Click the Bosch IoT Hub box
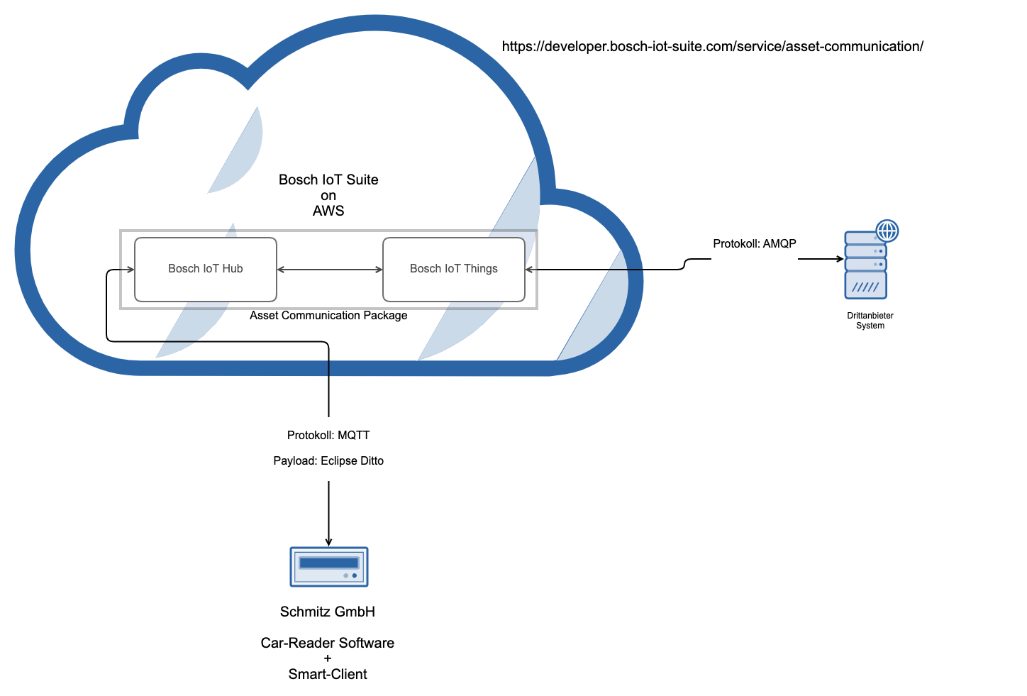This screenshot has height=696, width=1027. tap(205, 269)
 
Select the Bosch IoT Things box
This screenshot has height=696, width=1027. tap(453, 269)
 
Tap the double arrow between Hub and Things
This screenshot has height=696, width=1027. tap(329, 270)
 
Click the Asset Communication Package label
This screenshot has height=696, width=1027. tap(328, 316)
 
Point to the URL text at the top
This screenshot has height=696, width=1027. tap(712, 47)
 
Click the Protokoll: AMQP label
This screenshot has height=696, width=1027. tap(754, 244)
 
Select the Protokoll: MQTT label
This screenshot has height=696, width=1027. tap(328, 436)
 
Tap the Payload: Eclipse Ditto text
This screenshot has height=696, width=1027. tap(328, 461)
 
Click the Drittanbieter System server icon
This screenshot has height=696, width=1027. tap(866, 265)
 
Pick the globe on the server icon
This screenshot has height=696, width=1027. tap(887, 231)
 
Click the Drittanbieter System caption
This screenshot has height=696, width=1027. tap(870, 321)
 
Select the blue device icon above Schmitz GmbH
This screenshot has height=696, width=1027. tap(329, 567)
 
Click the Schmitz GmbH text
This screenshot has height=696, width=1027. tap(328, 612)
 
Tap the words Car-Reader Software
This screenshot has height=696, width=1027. tap(328, 643)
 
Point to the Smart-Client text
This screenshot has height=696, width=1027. tap(328, 675)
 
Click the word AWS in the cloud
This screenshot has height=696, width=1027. tap(328, 211)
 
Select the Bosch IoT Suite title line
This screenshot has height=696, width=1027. tap(328, 180)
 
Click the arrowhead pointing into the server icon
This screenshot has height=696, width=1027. tap(840, 259)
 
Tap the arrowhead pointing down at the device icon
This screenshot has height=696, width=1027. tap(328, 542)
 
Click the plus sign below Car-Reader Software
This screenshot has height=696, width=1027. tap(328, 659)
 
